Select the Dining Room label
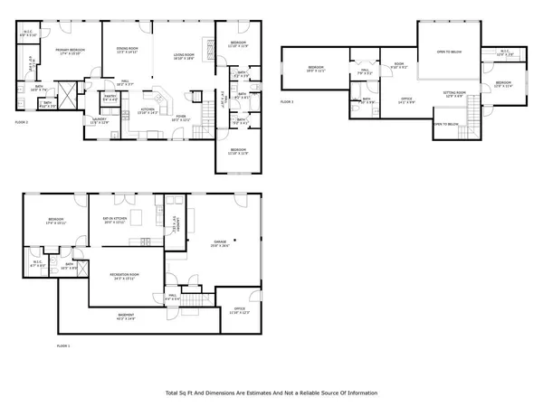tap(126, 50)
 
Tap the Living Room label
tap(186, 55)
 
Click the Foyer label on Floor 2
tap(181, 117)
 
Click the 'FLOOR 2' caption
tap(23, 120)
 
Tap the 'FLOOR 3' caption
tap(287, 102)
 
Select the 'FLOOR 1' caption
tap(63, 346)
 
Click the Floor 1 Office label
tap(239, 309)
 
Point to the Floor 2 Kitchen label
tap(148, 110)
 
